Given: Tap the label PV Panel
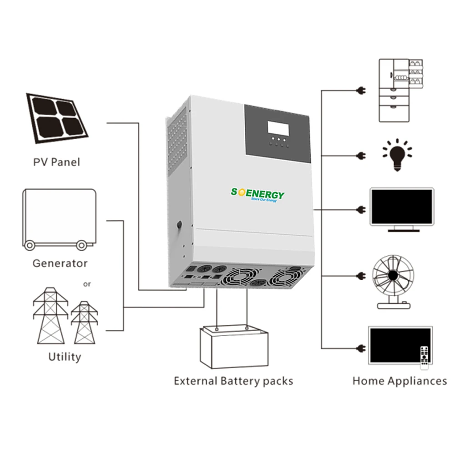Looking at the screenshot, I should [x=56, y=162].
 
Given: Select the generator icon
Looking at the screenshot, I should [x=59, y=219].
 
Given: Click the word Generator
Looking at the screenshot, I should [x=60, y=263].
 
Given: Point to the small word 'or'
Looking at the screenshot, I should [x=87, y=284].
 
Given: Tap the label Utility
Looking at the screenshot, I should [x=64, y=357].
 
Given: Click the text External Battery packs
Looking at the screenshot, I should [x=233, y=380].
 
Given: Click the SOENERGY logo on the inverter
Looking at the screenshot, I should [x=258, y=195].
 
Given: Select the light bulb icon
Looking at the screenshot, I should [x=397, y=155].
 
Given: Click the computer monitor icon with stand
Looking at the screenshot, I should [x=402, y=210].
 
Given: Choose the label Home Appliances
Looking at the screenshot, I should [x=399, y=380].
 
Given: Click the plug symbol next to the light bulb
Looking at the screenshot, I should [x=362, y=155].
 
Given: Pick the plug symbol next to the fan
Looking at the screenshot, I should [x=362, y=276].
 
